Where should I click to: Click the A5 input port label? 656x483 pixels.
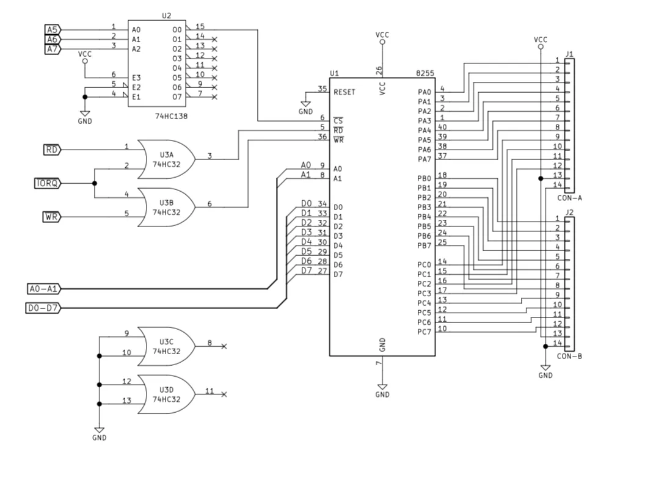point(53,30)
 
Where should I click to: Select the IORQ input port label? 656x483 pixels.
point(47,183)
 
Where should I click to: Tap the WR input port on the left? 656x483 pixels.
point(52,217)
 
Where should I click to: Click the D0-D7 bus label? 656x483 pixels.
point(43,308)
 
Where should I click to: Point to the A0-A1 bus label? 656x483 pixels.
point(44,289)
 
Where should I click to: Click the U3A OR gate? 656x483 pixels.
point(167,159)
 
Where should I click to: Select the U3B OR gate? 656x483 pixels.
point(167,208)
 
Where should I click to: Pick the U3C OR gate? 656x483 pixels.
point(167,346)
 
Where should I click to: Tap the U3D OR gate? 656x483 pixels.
point(167,394)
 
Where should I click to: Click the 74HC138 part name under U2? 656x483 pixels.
point(171,116)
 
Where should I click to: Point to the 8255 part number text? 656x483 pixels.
point(425,73)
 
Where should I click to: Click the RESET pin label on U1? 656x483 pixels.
point(344,92)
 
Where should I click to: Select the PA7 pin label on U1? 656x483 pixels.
point(425,159)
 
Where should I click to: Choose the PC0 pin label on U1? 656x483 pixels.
point(425,265)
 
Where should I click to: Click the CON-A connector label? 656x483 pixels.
point(569,198)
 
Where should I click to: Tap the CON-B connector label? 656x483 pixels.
point(569,356)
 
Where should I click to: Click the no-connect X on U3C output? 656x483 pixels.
point(224,347)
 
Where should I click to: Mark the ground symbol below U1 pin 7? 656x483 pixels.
point(382,387)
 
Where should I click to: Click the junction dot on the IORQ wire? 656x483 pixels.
point(95,183)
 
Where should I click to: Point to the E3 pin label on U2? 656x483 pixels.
point(136,78)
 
